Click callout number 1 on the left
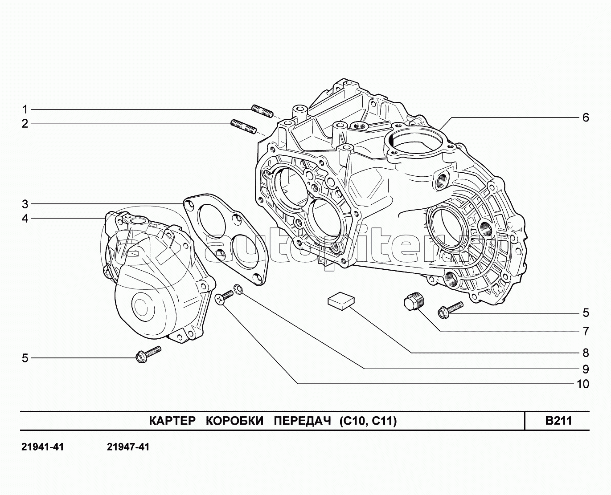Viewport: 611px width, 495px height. pos(25,110)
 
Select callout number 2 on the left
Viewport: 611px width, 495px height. pos(25,124)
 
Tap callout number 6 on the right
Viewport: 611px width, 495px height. pos(586,118)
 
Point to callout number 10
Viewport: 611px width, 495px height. pos(582,384)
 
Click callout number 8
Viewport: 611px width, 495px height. pos(586,353)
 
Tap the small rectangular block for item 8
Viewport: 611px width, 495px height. pos(341,300)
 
